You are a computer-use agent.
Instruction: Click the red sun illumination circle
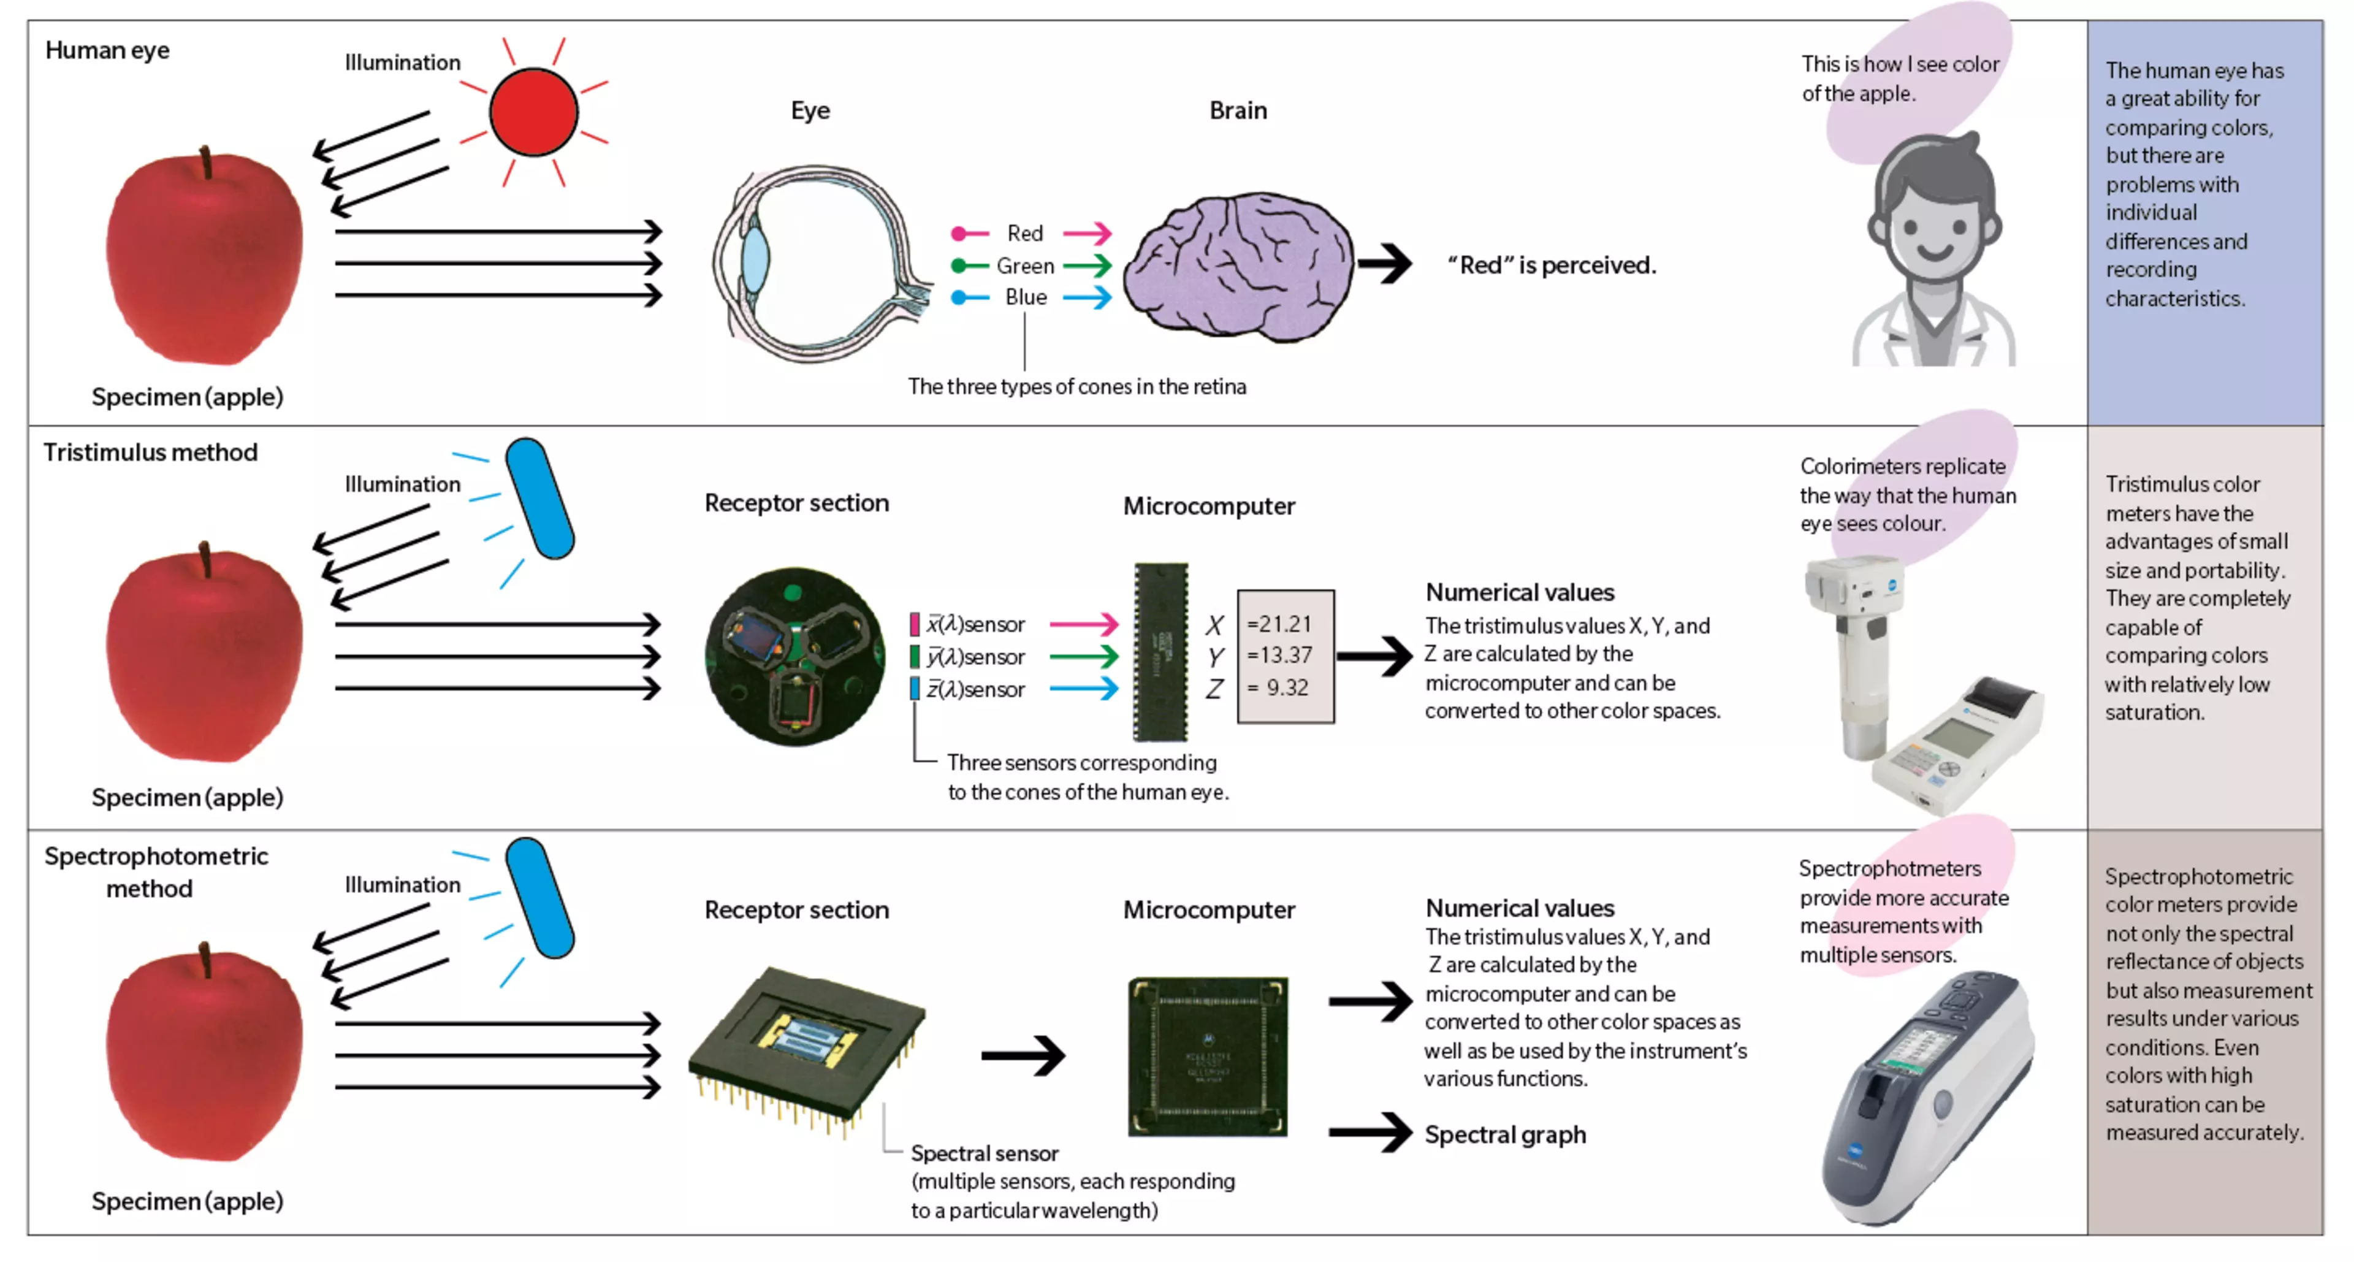point(534,112)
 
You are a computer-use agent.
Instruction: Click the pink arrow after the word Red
point(1087,233)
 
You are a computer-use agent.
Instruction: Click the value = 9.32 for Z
point(1279,688)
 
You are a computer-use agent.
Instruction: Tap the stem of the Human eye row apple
point(207,163)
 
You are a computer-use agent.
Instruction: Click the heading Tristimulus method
point(151,453)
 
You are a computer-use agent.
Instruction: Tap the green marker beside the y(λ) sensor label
point(914,656)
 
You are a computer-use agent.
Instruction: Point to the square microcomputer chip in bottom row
point(1207,1057)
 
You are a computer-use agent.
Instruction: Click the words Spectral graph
point(1504,1135)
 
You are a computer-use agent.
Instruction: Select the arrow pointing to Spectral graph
point(1370,1133)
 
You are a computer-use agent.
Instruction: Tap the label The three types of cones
point(1076,386)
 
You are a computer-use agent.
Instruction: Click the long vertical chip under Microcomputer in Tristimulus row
point(1160,652)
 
